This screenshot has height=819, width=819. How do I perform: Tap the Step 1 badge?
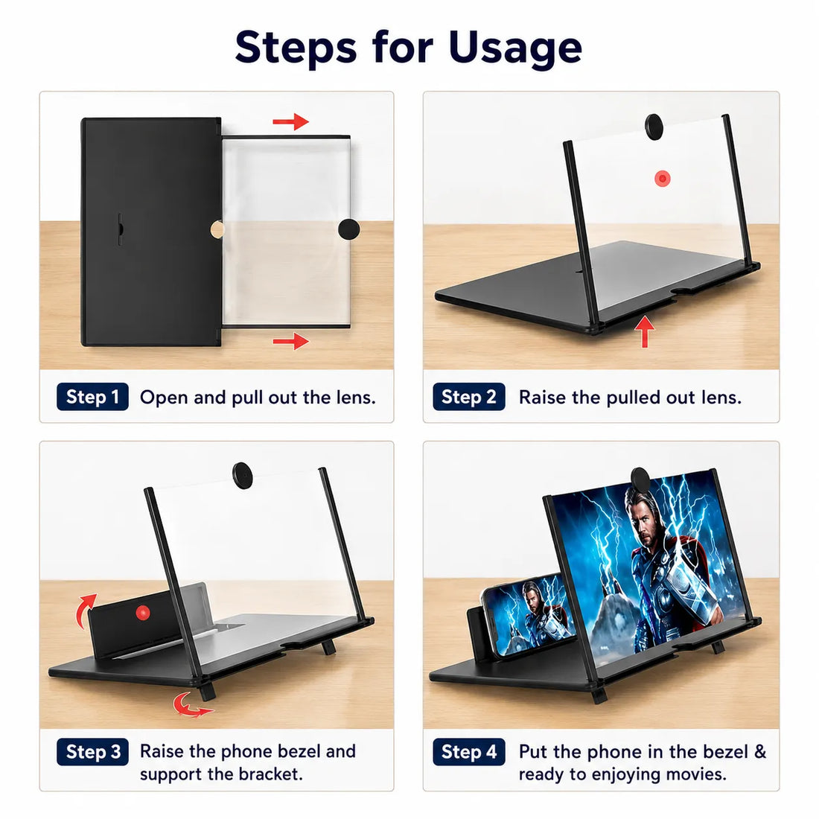click(92, 397)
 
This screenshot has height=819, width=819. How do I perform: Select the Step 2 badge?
click(468, 397)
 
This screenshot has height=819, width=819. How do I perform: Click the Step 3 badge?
click(92, 752)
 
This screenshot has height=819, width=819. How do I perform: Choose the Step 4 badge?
click(468, 752)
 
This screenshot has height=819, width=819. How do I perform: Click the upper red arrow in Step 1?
click(291, 121)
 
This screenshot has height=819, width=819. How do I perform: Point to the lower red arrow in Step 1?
click(291, 342)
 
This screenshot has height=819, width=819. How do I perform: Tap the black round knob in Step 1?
click(349, 229)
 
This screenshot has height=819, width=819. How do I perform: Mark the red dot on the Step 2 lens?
click(663, 179)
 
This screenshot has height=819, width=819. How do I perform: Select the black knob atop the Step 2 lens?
click(654, 125)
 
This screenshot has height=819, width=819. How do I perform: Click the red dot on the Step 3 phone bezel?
click(143, 613)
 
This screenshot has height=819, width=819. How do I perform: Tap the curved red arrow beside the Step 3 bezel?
click(86, 611)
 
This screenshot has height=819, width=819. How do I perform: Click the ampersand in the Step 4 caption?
click(760, 752)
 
